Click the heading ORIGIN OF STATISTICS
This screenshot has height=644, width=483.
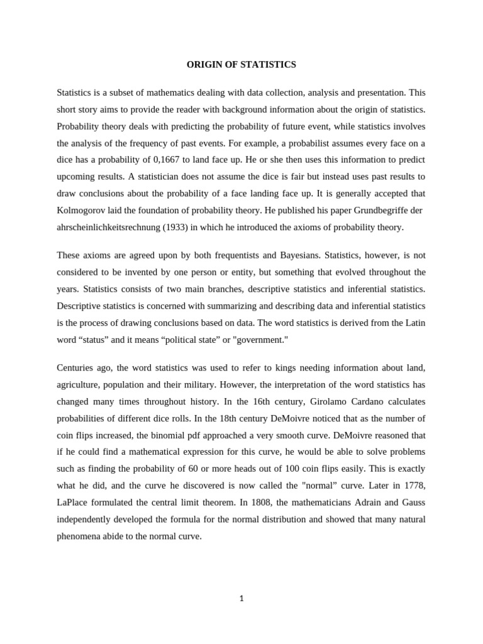(241, 64)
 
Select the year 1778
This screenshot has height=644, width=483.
(413, 485)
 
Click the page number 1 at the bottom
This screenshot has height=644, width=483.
(241, 599)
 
